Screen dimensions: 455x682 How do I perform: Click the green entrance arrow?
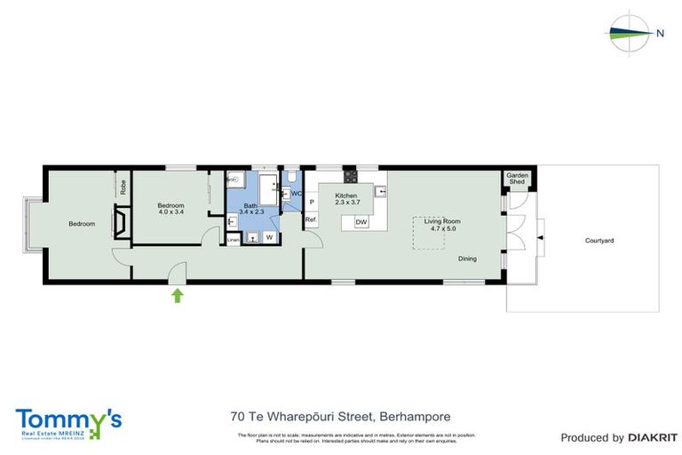[x=178, y=295]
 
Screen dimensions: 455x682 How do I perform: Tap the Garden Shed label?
[x=517, y=179]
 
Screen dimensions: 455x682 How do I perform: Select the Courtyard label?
[x=599, y=241]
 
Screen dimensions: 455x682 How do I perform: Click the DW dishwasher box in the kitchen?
[x=361, y=221]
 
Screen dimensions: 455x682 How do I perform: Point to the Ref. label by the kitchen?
[x=311, y=219]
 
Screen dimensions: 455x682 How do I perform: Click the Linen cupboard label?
[x=233, y=238]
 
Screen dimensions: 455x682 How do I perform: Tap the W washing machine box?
[x=268, y=237]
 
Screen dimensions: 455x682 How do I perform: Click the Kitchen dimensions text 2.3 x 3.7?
[x=345, y=203]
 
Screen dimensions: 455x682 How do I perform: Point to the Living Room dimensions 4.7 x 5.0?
[x=441, y=228]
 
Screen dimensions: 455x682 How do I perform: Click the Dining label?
[x=467, y=259]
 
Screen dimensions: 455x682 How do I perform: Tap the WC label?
[x=297, y=193]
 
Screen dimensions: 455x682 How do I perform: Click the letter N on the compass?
[x=660, y=33]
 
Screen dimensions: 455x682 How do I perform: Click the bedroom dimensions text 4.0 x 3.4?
[x=170, y=212]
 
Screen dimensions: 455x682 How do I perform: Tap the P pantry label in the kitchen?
[x=312, y=202]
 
